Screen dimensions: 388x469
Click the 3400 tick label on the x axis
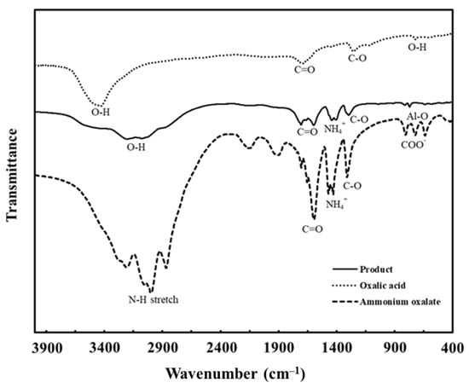click(104, 349)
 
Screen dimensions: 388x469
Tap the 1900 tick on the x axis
click(278, 349)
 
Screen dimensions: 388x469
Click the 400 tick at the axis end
click(452, 349)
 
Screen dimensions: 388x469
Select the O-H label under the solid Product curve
click(135, 147)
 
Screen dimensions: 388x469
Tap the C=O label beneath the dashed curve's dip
click(313, 229)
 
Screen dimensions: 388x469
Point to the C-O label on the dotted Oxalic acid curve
click(364, 58)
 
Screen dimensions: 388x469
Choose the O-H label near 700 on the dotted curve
click(417, 49)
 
